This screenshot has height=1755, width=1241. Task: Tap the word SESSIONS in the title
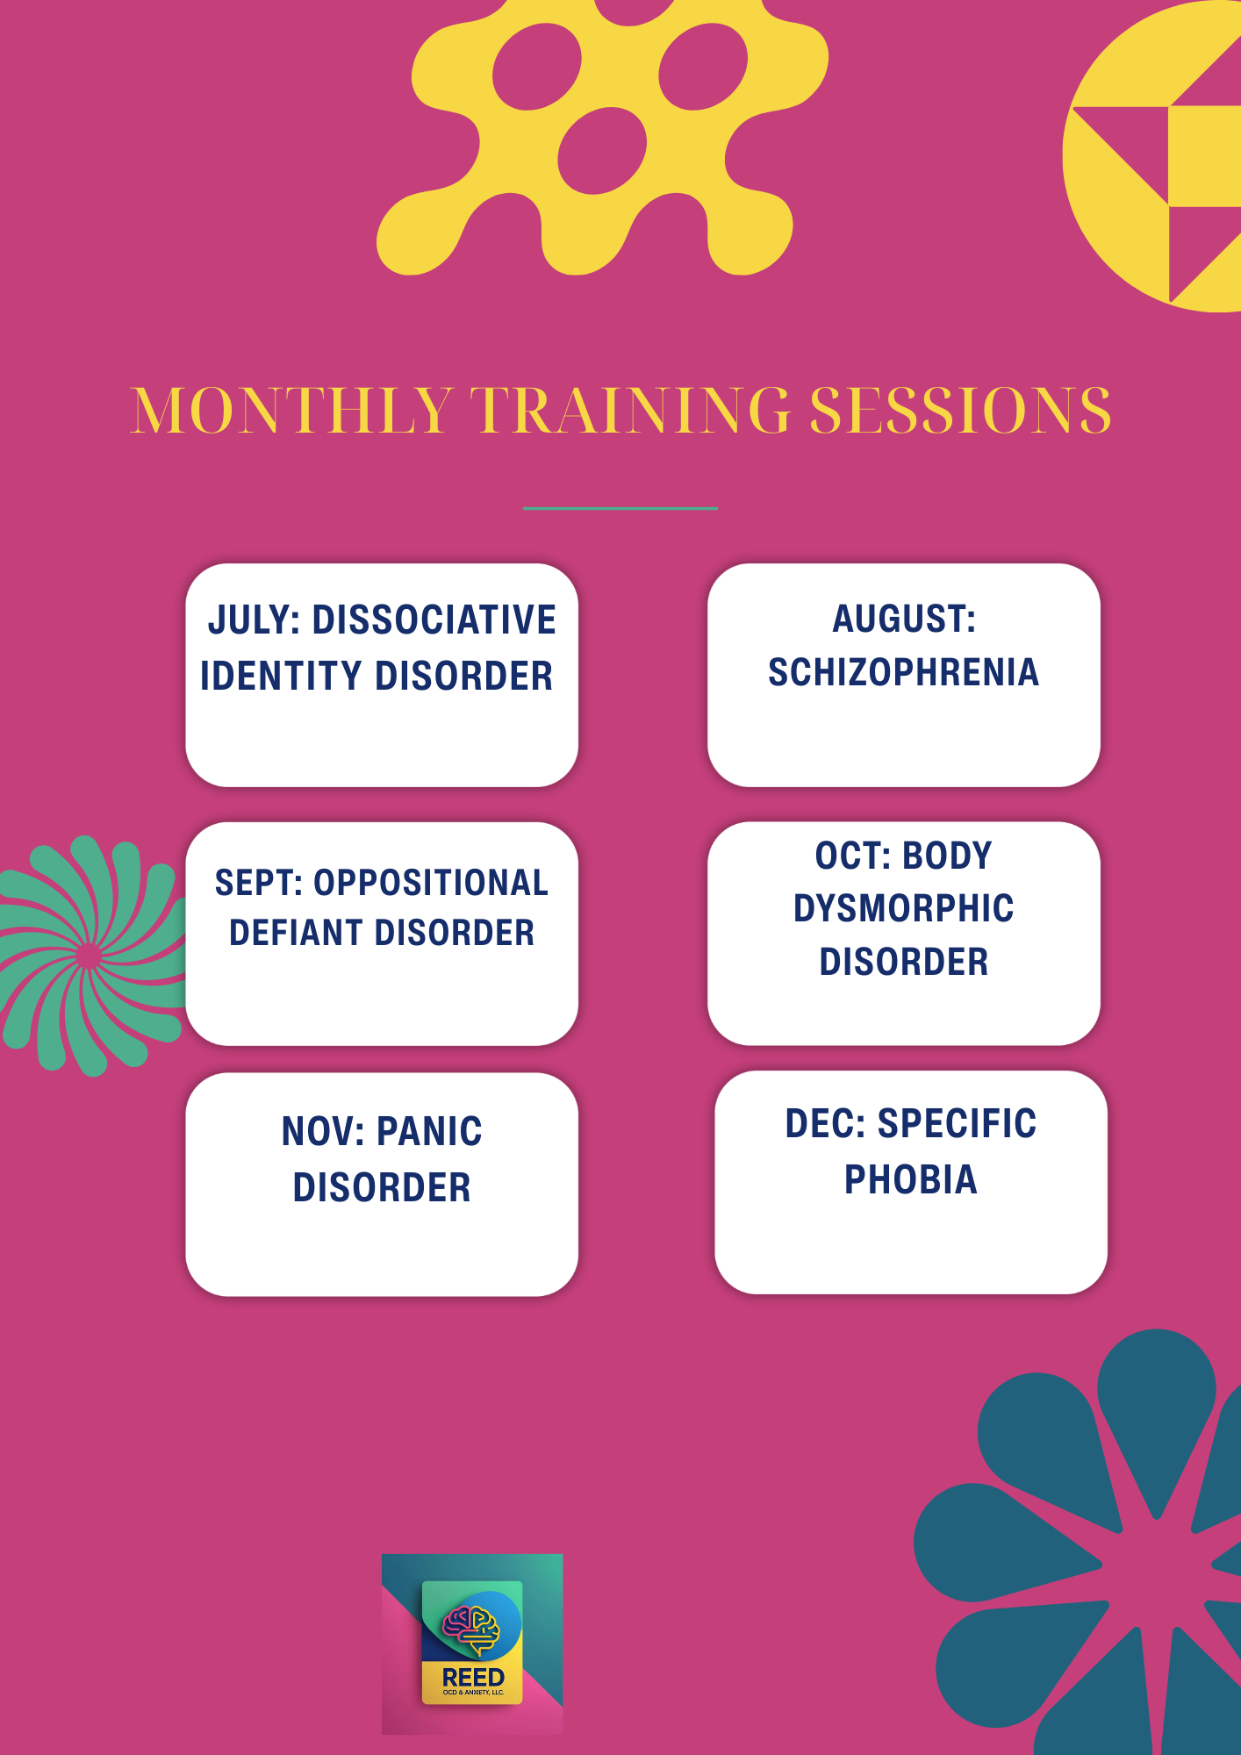[960, 410]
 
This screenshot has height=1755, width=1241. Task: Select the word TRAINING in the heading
[630, 410]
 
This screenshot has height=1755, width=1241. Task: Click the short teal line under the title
[620, 508]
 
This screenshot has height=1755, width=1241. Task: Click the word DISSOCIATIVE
[434, 620]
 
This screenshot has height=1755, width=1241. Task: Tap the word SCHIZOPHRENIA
[904, 672]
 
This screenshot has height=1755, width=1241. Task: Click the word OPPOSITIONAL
[431, 883]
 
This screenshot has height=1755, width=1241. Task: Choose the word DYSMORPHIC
[904, 908]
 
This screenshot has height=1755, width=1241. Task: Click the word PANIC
[430, 1131]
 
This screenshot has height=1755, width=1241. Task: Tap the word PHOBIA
[911, 1179]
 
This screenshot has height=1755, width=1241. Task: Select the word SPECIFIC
[958, 1123]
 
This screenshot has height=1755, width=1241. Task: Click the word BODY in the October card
[947, 856]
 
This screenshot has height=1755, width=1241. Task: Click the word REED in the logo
[473, 1677]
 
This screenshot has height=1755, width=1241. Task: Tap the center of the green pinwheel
[88, 956]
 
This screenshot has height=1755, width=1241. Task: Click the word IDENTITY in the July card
[282, 676]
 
